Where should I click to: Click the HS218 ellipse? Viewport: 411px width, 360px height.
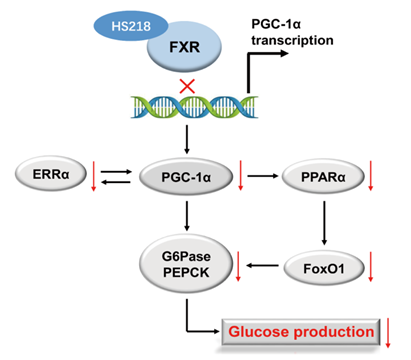[131, 26]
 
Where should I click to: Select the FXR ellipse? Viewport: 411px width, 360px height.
[184, 47]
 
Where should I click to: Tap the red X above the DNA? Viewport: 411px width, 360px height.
[187, 86]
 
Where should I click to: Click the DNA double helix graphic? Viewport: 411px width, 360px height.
[194, 107]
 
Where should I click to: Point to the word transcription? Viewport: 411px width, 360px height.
[292, 41]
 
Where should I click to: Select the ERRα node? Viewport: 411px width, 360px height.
[51, 174]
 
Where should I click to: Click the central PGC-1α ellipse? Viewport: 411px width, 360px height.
[186, 177]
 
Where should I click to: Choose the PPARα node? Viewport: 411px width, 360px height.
[323, 176]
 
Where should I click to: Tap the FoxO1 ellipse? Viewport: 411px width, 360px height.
[324, 268]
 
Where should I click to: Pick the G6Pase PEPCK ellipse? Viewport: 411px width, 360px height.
[186, 264]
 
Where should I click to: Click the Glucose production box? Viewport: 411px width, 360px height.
[301, 332]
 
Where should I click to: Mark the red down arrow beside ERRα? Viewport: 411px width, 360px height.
[94, 176]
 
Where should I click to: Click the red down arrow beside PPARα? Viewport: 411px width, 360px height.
[370, 176]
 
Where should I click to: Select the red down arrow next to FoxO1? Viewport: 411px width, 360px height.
[370, 267]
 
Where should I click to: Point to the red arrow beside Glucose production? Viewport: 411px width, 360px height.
[388, 333]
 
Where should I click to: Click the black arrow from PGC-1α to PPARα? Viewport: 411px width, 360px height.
[263, 176]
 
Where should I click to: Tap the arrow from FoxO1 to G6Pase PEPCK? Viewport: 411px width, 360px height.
[262, 266]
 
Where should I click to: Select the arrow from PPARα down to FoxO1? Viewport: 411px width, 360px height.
[324, 223]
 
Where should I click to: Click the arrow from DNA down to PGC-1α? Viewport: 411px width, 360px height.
[187, 140]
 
